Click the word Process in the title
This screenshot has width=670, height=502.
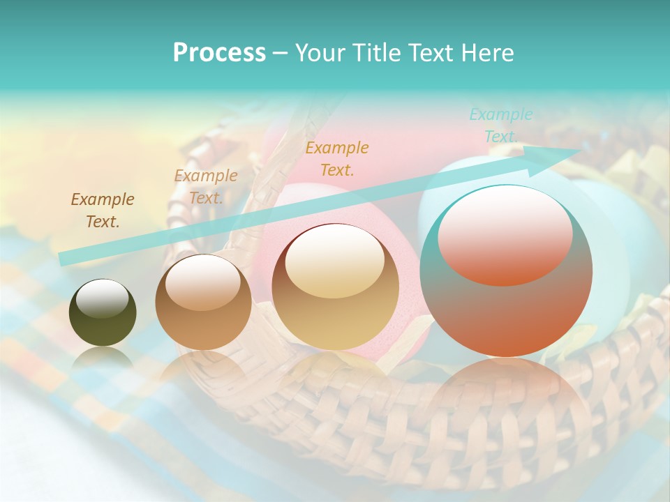pos(219,53)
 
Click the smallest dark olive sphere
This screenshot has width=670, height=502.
pos(103,313)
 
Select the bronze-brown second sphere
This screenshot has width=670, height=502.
pos(203,303)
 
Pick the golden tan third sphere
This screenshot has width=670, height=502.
pos(335,287)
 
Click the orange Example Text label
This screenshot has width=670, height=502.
pos(337,159)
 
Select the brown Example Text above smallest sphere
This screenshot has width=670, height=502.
pos(103,211)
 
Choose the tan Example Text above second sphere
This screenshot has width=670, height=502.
pos(205,187)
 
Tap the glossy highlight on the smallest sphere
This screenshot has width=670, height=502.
pos(102,298)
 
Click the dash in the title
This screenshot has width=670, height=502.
pos(281,53)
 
